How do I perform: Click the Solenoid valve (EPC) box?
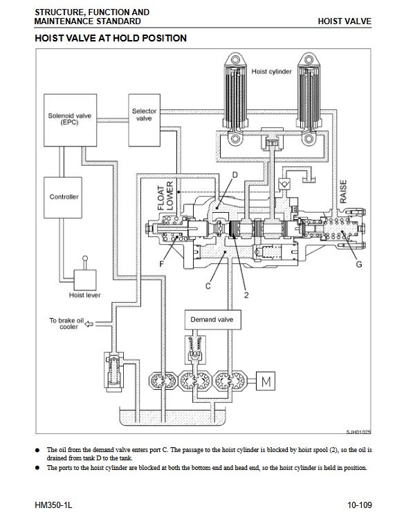pyautogui.click(x=70, y=120)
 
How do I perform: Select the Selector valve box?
pyautogui.click(x=144, y=120)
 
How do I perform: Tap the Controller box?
pyautogui.click(x=63, y=198)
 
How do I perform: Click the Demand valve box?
pyautogui.click(x=212, y=320)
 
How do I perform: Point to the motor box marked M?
pyautogui.click(x=266, y=381)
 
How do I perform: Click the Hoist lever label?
pyautogui.click(x=84, y=295)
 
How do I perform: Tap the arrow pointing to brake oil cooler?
pyautogui.click(x=89, y=323)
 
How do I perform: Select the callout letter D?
pyautogui.click(x=235, y=175)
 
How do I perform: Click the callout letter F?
pyautogui.click(x=162, y=264)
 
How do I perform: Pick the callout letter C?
pyautogui.click(x=208, y=286)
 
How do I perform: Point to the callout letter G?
pyautogui.click(x=358, y=264)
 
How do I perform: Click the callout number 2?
pyautogui.click(x=246, y=295)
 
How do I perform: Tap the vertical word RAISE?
pyautogui.click(x=343, y=191)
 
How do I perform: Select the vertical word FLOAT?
pyautogui.click(x=161, y=198)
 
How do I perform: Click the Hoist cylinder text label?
pyautogui.click(x=272, y=71)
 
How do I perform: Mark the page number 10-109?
pyautogui.click(x=360, y=505)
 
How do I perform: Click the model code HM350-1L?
pyautogui.click(x=53, y=505)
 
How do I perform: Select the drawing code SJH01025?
pyautogui.click(x=358, y=432)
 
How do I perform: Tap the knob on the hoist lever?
pyautogui.click(x=85, y=259)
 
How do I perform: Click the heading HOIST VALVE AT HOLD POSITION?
pyautogui.click(x=111, y=38)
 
